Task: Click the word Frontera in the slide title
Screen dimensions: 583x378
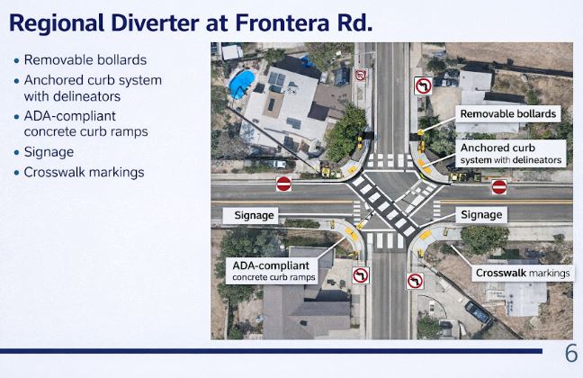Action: [x=283, y=22]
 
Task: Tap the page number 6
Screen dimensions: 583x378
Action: [x=571, y=353]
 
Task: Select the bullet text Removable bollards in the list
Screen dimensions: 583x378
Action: [x=85, y=60]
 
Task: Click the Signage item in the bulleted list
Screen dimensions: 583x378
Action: [x=49, y=152]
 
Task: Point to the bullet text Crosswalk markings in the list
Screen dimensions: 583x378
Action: [x=84, y=172]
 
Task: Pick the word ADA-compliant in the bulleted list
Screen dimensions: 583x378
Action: [x=70, y=116]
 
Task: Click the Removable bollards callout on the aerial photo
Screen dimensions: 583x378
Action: [x=508, y=113]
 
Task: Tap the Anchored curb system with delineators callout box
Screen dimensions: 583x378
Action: [x=510, y=154]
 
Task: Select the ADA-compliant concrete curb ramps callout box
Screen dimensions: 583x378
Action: [x=272, y=271]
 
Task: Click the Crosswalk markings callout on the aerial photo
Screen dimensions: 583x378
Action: [x=523, y=273]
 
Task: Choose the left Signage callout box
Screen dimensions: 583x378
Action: [x=250, y=215]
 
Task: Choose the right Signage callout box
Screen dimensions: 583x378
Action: [x=481, y=215]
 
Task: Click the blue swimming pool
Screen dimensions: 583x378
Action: [x=241, y=84]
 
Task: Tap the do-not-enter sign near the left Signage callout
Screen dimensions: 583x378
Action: [x=283, y=184]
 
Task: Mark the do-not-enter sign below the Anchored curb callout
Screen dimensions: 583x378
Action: [x=499, y=187]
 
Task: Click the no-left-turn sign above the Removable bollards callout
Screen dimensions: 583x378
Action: [x=423, y=85]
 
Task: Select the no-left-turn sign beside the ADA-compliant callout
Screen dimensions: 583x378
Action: [x=360, y=275]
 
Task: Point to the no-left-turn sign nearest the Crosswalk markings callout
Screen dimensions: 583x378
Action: [x=415, y=281]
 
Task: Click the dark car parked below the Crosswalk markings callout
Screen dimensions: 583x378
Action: [x=478, y=311]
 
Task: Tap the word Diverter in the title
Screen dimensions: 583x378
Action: [x=155, y=22]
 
